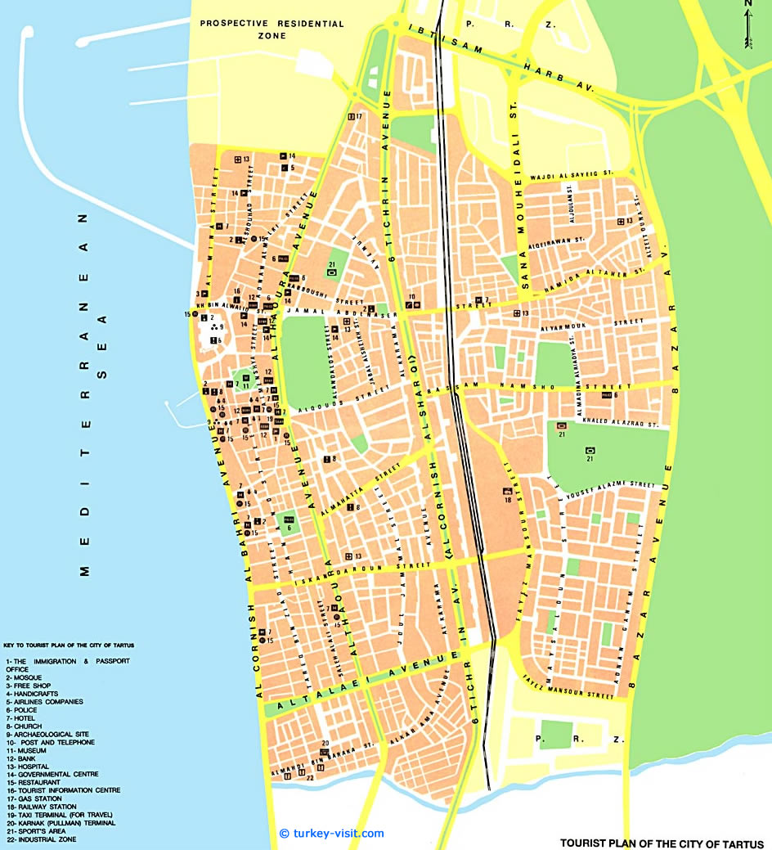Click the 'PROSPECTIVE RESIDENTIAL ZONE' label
pos(273,30)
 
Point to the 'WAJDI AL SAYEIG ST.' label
pos(572,174)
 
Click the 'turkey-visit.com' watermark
pos(330,833)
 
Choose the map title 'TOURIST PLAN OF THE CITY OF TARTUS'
pos(662,842)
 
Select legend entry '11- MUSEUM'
pos(26,750)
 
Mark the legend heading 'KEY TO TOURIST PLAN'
pos(69,645)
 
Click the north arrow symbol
pos(747,25)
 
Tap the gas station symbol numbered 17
pos(351,116)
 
